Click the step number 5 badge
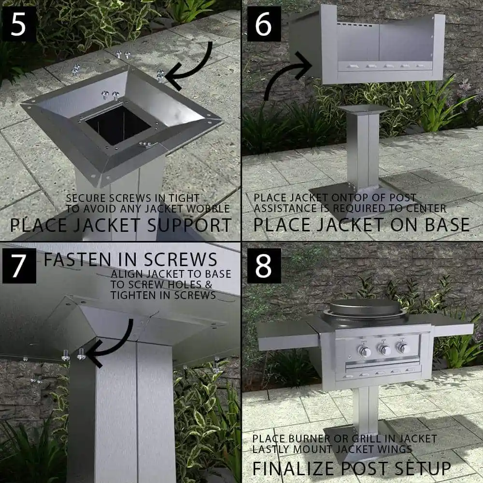coord(18,24)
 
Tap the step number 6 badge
coord(264,24)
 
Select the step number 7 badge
coord(19,266)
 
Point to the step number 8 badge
coord(264,266)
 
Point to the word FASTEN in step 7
coord(77,259)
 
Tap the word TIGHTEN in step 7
coord(135,295)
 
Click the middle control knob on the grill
coord(384,349)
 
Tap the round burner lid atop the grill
coord(365,307)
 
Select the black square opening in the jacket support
coord(118,125)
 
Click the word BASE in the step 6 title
coord(447,225)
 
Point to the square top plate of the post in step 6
coord(364,109)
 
